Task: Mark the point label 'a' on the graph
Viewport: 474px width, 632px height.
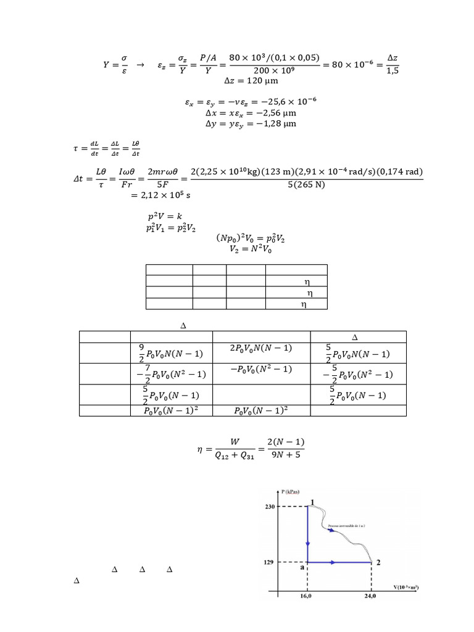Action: coord(302,568)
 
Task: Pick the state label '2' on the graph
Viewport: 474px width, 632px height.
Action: coord(378,562)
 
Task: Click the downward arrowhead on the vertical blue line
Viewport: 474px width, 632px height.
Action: coord(308,543)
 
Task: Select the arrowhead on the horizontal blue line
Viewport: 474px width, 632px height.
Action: coord(333,562)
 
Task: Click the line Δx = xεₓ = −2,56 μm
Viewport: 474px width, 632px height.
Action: coord(251,114)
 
